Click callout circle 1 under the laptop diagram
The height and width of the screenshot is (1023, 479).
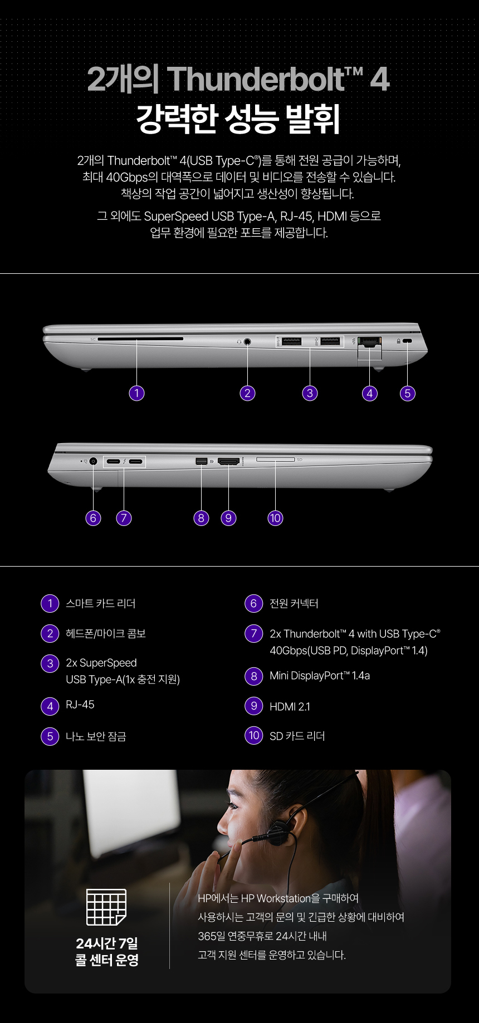click(136, 393)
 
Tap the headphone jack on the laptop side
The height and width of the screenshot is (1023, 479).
click(247, 341)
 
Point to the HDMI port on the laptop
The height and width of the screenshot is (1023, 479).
click(228, 461)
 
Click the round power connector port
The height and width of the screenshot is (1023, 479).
click(93, 461)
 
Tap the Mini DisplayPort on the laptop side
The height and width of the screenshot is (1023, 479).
click(201, 461)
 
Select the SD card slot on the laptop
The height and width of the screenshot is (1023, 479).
click(275, 459)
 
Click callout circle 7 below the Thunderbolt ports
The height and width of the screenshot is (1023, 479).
click(124, 518)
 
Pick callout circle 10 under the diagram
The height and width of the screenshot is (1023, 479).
click(275, 518)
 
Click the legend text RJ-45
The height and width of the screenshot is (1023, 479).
click(80, 705)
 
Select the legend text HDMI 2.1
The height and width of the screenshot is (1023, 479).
click(290, 707)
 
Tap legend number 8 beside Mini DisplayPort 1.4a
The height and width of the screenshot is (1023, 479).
click(253, 676)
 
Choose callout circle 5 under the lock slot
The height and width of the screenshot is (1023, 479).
click(408, 393)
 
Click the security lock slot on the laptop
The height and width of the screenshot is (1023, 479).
click(407, 341)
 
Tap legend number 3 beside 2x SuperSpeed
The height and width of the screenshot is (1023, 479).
click(50, 663)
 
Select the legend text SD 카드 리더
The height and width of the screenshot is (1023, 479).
click(297, 736)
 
